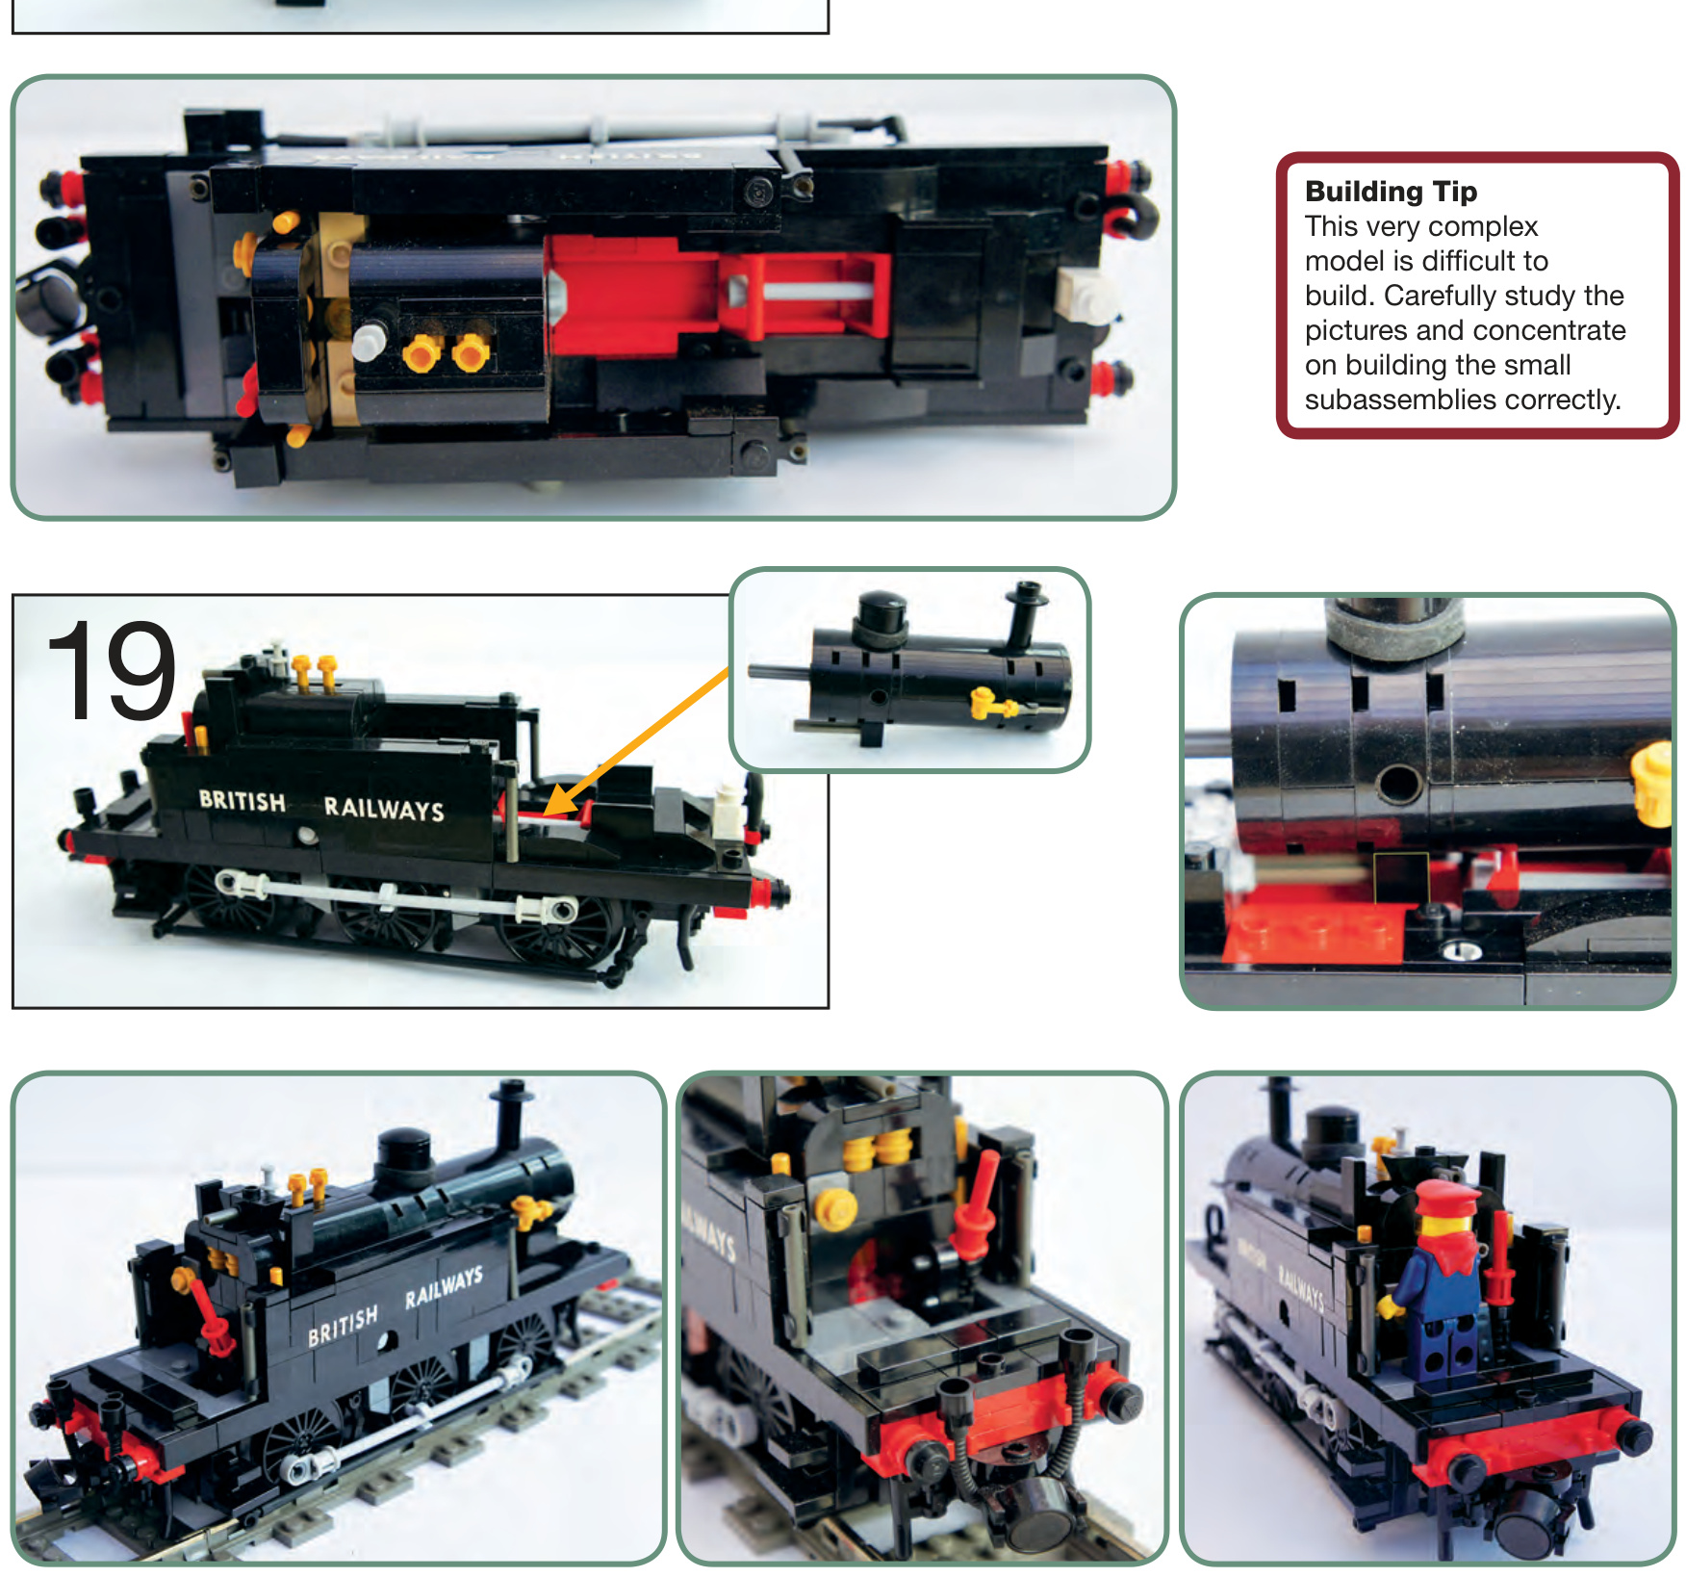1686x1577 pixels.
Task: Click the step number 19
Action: pyautogui.click(x=111, y=671)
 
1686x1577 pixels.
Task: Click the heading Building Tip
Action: pyautogui.click(x=1391, y=192)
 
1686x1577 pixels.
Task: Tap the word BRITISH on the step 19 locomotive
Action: pyautogui.click(x=243, y=801)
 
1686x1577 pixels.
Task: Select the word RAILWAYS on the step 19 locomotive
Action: pyautogui.click(x=384, y=809)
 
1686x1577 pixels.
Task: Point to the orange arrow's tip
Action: pyautogui.click(x=548, y=814)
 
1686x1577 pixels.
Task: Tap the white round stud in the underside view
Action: pyautogui.click(x=369, y=341)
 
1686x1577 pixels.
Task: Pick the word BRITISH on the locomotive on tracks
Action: pyautogui.click(x=343, y=1325)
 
